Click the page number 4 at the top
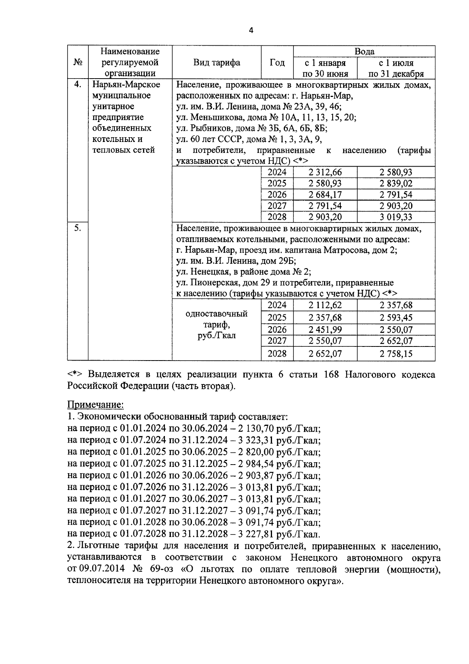coord(251,31)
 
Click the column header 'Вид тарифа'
coord(217,63)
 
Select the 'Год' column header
coord(277,63)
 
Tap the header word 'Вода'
coord(364,52)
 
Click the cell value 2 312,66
coord(325,172)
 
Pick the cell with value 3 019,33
coord(396,217)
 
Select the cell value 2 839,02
coord(396,183)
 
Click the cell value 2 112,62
coord(325,305)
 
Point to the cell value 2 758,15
coord(396,354)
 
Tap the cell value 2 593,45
coord(396,318)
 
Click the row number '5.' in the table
coord(77,228)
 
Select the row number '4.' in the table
coord(77,84)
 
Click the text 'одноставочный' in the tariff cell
coord(217,314)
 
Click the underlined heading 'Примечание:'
coord(96,404)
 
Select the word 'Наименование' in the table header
coord(130,52)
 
